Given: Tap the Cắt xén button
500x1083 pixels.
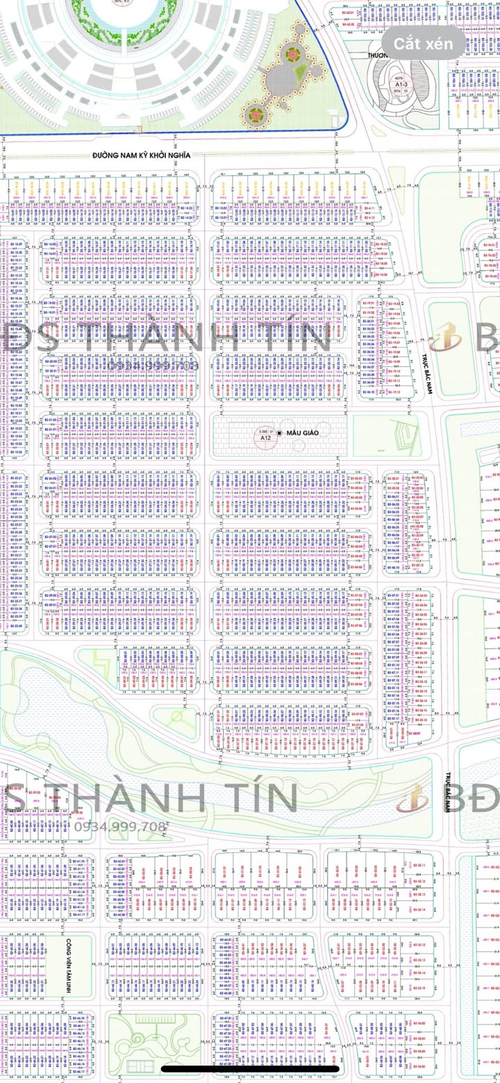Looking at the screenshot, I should (x=423, y=44).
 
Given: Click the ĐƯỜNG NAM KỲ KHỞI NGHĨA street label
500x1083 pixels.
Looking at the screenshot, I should (x=142, y=156).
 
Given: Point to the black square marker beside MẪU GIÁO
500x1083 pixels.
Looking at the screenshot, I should (x=279, y=433).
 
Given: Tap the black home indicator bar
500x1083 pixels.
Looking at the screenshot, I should (x=250, y=1068).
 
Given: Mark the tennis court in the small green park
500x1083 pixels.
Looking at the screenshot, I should (x=140, y=1066).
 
